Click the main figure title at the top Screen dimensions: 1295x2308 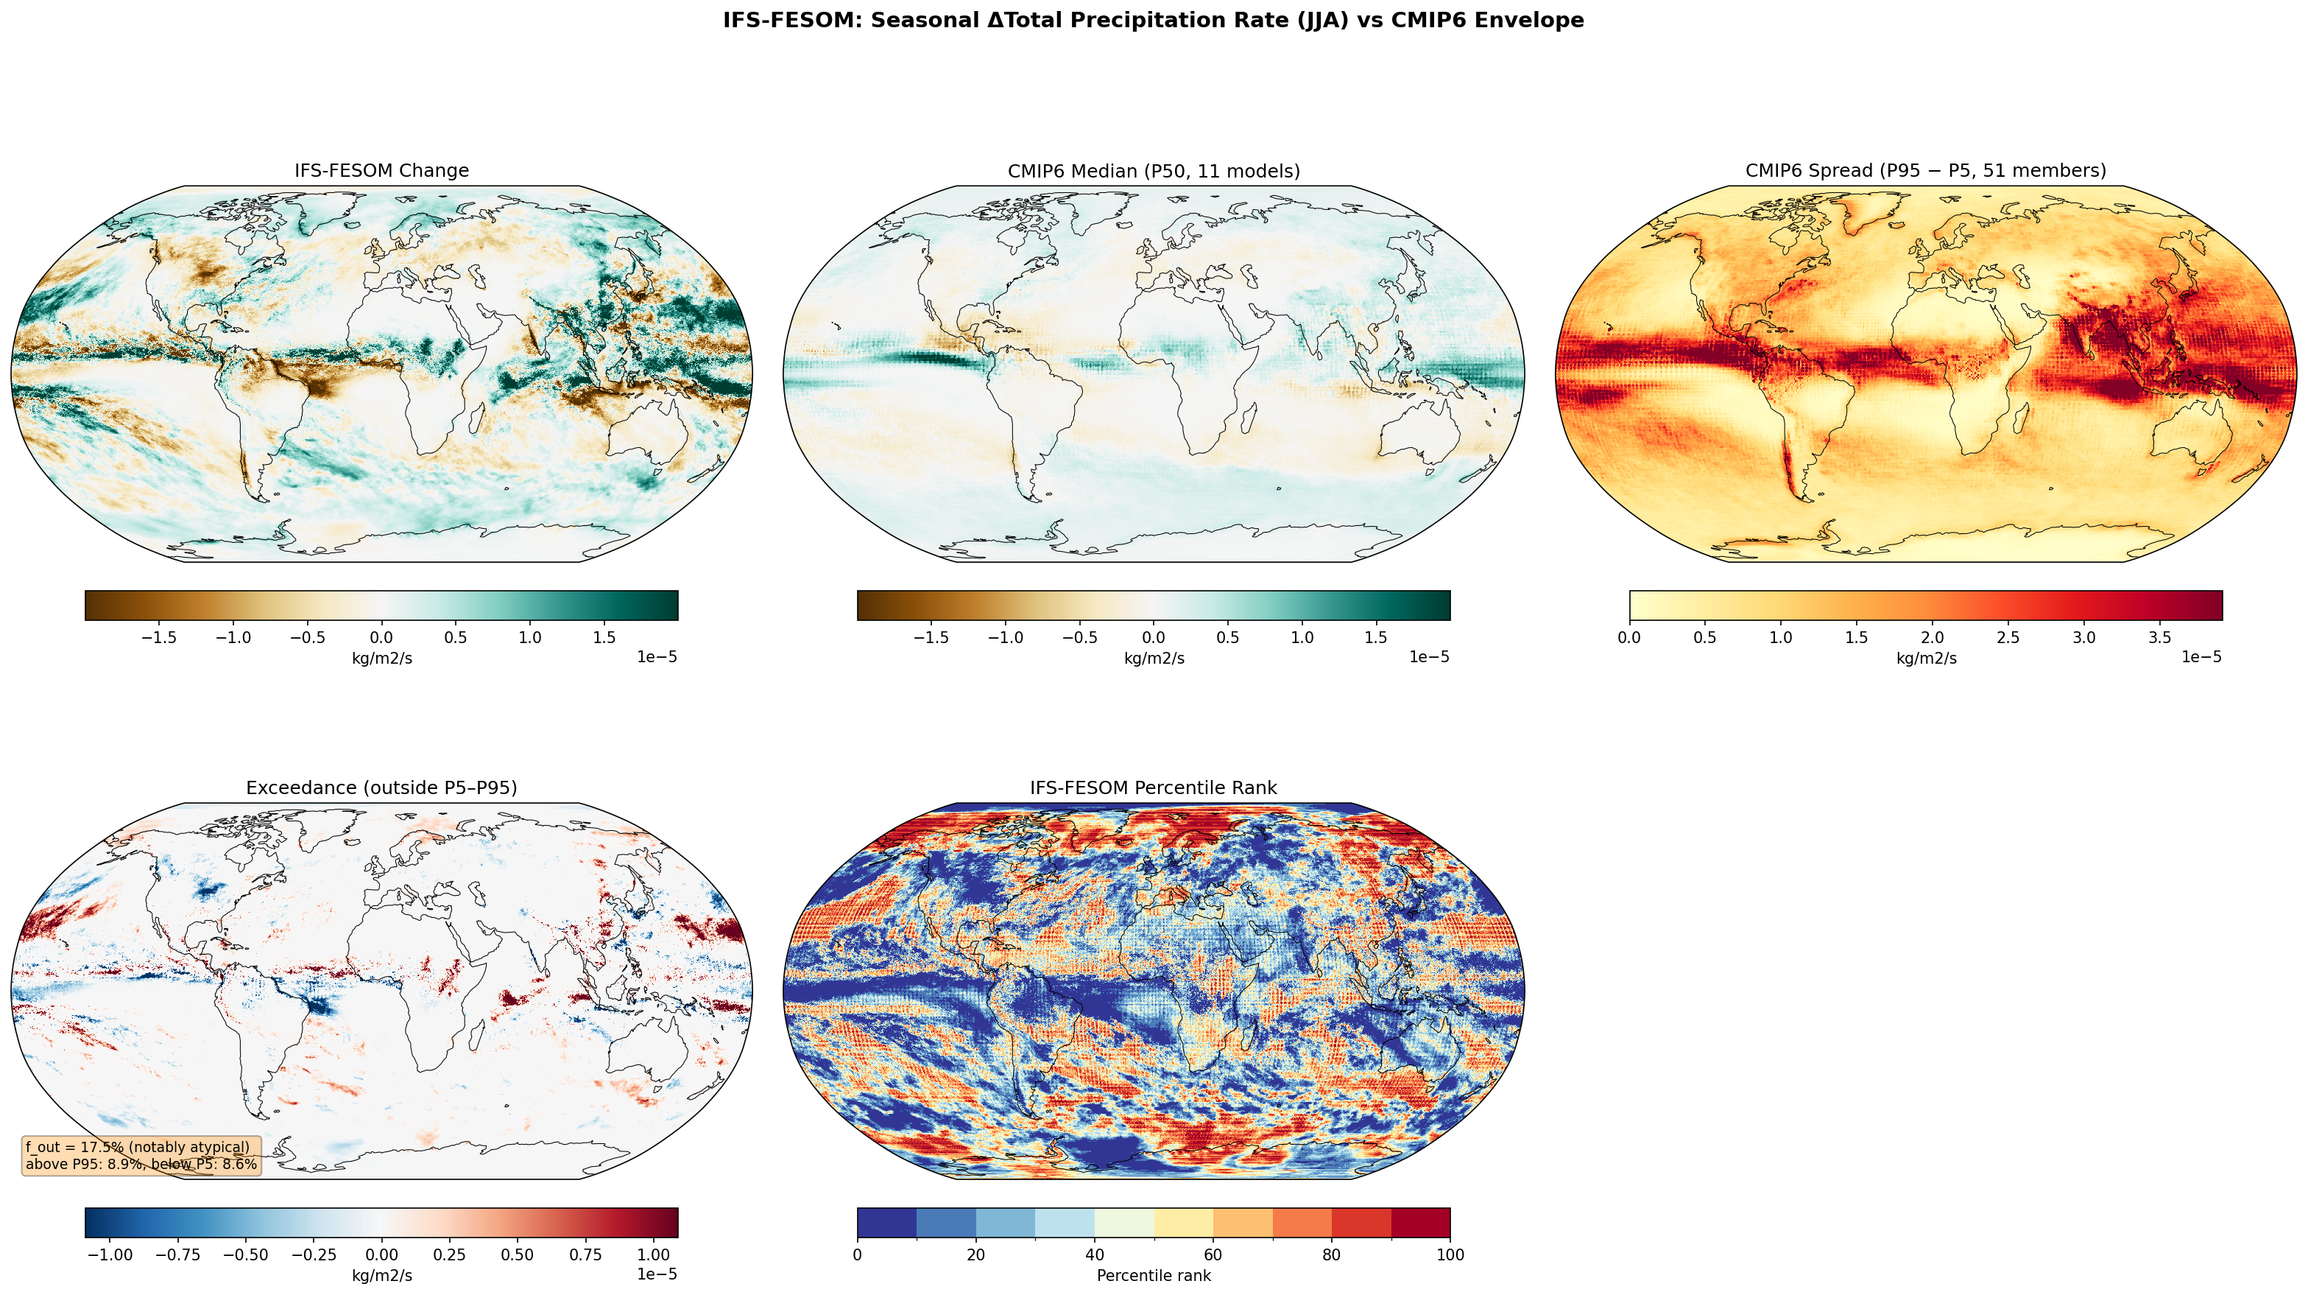(1153, 21)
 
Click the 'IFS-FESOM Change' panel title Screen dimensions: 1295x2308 (381, 170)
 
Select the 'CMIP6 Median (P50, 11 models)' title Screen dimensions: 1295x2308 (1153, 170)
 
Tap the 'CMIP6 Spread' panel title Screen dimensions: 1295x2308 (1925, 170)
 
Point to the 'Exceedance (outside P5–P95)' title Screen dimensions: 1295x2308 (381, 787)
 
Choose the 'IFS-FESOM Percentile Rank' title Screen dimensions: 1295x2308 (1153, 787)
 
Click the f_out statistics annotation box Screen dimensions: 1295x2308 (141, 1156)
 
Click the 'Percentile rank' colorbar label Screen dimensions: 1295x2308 (1153, 1275)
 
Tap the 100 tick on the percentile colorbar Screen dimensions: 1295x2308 (1449, 1254)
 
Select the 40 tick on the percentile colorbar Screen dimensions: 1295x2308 (1094, 1254)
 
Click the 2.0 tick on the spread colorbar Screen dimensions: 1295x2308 (1933, 638)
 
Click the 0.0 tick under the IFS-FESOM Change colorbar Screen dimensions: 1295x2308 (381, 638)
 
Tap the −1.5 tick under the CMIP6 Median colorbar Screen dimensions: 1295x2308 (931, 638)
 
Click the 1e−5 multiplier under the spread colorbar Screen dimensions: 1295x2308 (2201, 658)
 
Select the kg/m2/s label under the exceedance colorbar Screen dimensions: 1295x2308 (381, 1275)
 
